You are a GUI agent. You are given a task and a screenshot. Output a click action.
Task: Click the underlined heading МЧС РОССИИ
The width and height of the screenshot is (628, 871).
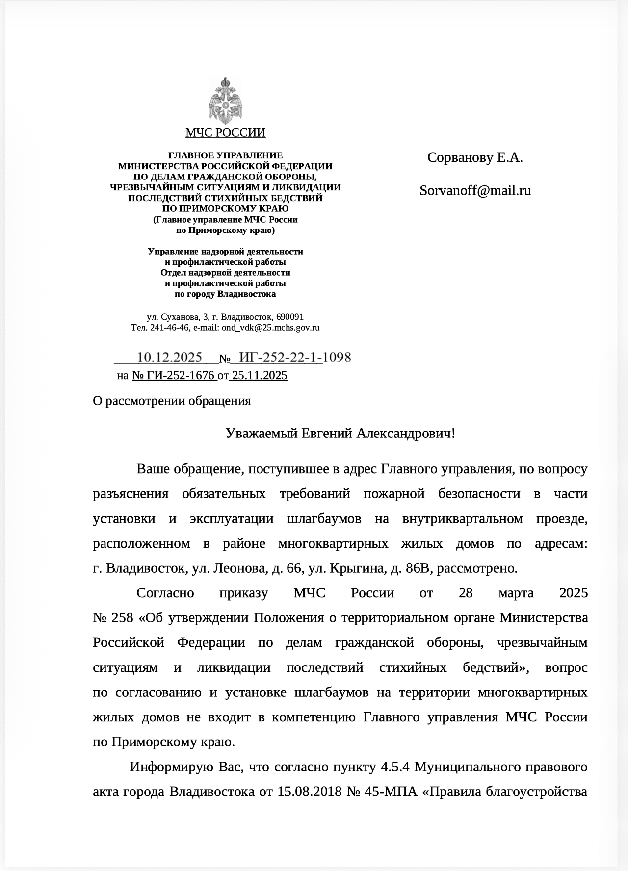(225, 133)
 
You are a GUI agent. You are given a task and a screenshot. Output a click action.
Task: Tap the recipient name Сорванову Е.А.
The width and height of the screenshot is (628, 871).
(475, 157)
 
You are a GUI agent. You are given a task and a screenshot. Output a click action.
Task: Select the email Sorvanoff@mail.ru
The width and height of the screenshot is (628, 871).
(475, 190)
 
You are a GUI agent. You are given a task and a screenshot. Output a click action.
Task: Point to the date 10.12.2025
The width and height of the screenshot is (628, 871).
(169, 357)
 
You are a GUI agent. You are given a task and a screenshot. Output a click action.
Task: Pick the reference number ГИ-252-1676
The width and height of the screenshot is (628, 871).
(174, 375)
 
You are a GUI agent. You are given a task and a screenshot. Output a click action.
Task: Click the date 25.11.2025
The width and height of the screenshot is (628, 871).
(260, 375)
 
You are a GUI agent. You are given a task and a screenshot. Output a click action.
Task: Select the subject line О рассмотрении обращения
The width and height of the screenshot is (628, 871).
(172, 401)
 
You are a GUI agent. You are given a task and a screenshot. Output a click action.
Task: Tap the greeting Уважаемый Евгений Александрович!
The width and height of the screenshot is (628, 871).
(340, 433)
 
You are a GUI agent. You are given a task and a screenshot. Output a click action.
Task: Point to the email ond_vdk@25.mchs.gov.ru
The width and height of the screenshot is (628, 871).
(270, 328)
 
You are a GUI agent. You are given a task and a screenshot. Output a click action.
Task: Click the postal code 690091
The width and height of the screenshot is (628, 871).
(290, 317)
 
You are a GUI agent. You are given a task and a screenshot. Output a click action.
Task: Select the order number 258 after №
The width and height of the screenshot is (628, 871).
(123, 617)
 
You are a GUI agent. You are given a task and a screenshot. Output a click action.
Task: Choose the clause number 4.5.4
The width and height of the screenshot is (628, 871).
(396, 767)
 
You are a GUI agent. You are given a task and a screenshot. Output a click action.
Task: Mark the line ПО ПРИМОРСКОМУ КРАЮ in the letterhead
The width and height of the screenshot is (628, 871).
(225, 209)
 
